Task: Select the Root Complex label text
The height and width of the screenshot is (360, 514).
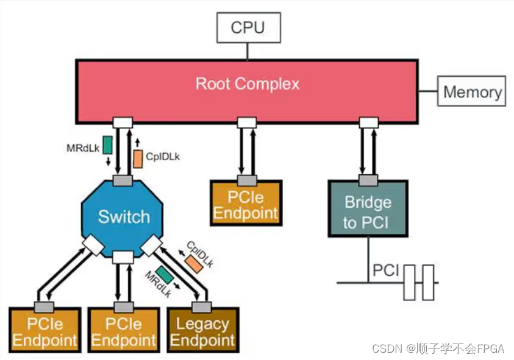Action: click(247, 83)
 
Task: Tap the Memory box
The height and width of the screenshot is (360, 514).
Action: click(472, 92)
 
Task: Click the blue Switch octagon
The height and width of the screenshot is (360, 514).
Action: click(124, 216)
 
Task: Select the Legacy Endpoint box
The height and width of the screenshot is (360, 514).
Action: click(202, 331)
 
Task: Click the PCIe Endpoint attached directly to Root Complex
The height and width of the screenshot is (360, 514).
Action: click(246, 205)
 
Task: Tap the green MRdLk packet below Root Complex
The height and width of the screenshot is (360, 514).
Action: click(108, 144)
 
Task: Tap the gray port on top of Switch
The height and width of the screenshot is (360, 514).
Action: click(123, 180)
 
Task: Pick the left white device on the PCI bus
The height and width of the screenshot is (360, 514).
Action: click(409, 283)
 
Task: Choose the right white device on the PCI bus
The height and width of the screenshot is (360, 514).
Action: click(429, 283)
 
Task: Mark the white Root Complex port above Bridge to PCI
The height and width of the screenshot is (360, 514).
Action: click(367, 122)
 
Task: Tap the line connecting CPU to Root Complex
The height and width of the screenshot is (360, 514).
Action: click(247, 51)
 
